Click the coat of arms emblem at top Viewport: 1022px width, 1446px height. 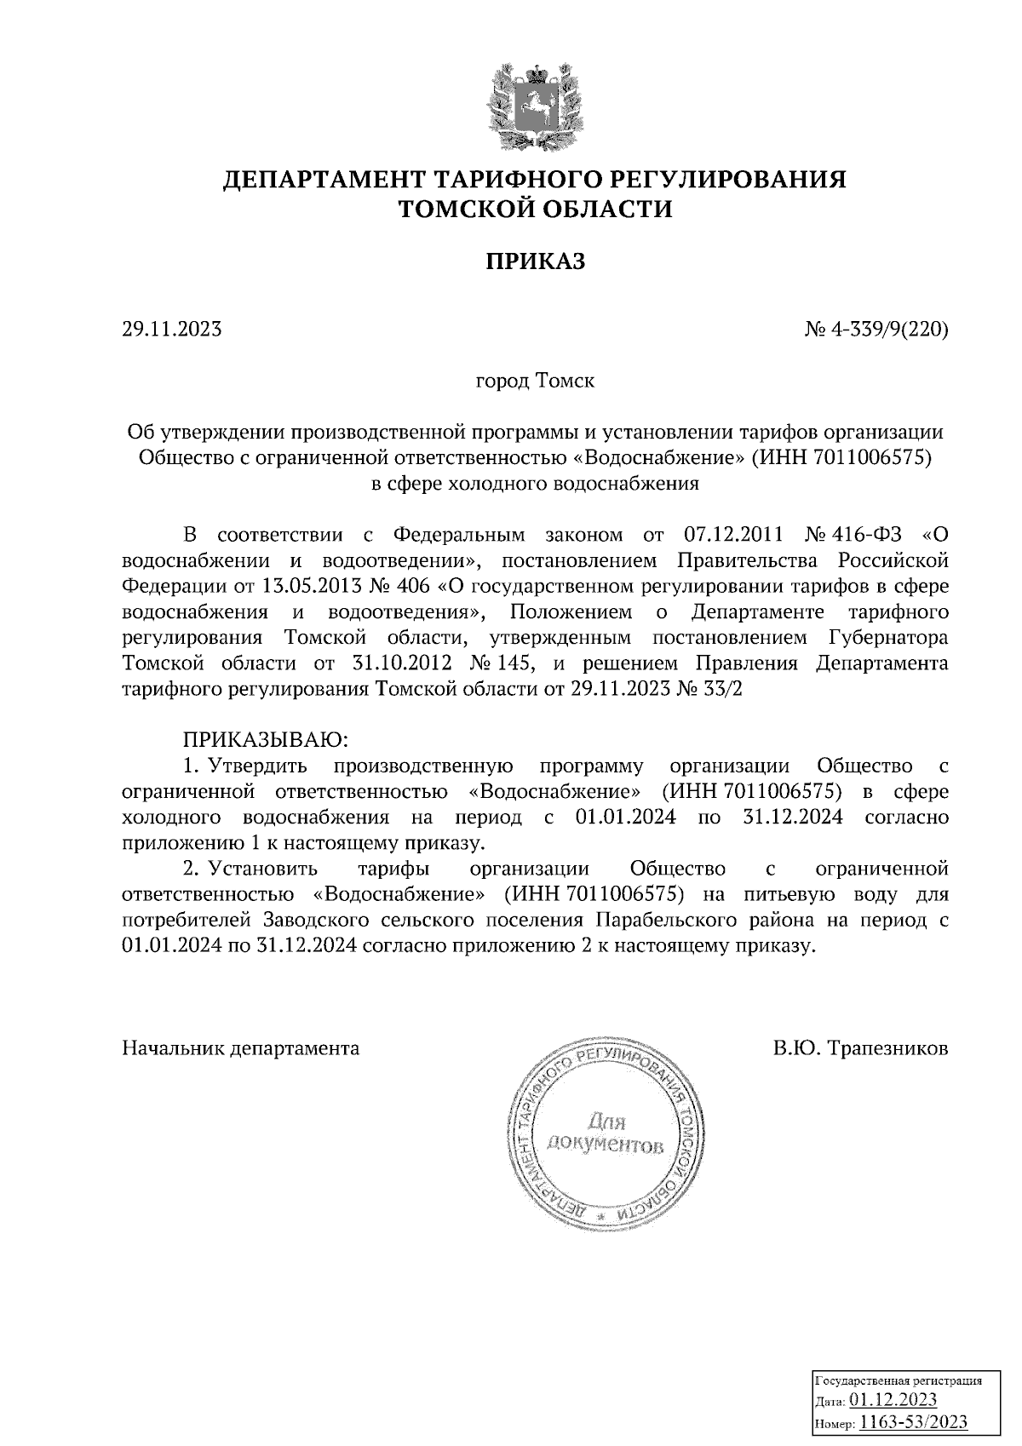point(536,105)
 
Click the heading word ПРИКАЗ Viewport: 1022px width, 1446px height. point(536,261)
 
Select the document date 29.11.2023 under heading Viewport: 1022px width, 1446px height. point(172,329)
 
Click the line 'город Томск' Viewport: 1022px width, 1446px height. point(535,380)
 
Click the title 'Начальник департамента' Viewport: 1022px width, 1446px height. point(241,1048)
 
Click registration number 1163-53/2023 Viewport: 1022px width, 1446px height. point(912,1420)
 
